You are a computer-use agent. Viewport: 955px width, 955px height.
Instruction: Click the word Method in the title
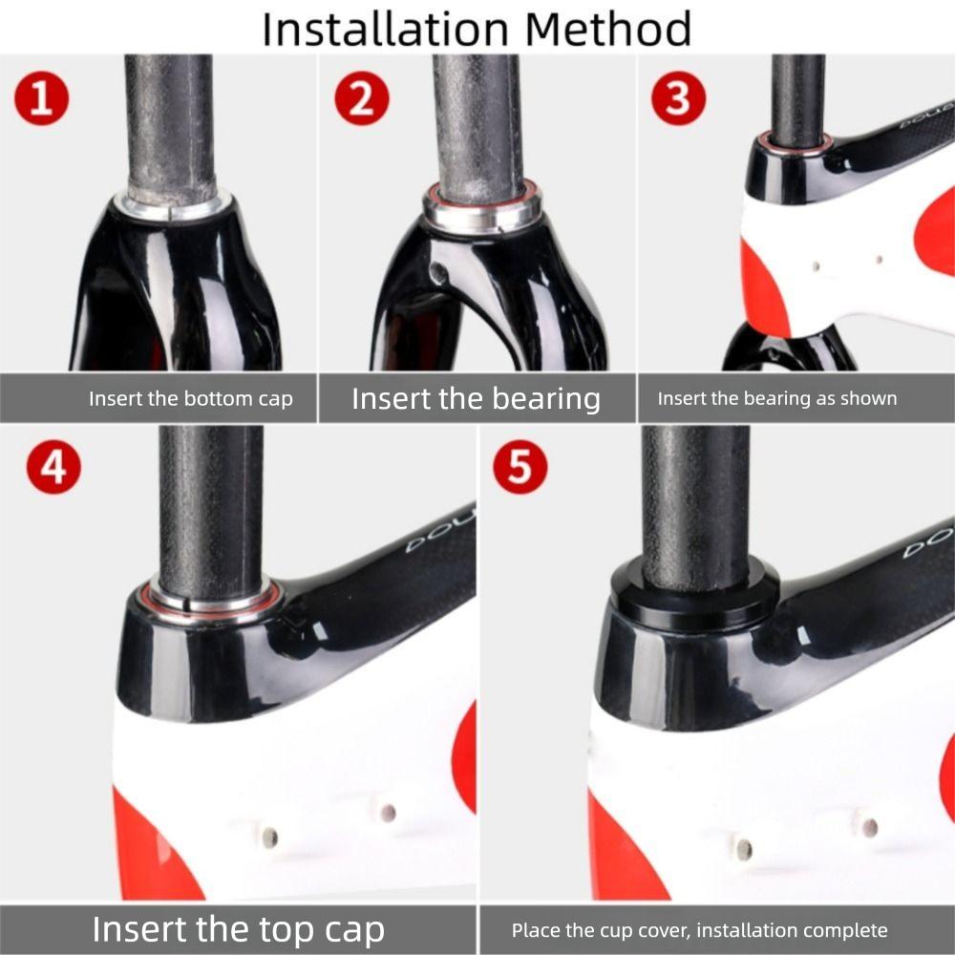tap(608, 29)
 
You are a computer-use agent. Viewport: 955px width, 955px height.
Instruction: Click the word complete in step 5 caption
tap(845, 930)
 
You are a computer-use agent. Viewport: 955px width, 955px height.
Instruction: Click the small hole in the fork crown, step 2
tap(437, 273)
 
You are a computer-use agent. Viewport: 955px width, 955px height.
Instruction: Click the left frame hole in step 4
tap(270, 838)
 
